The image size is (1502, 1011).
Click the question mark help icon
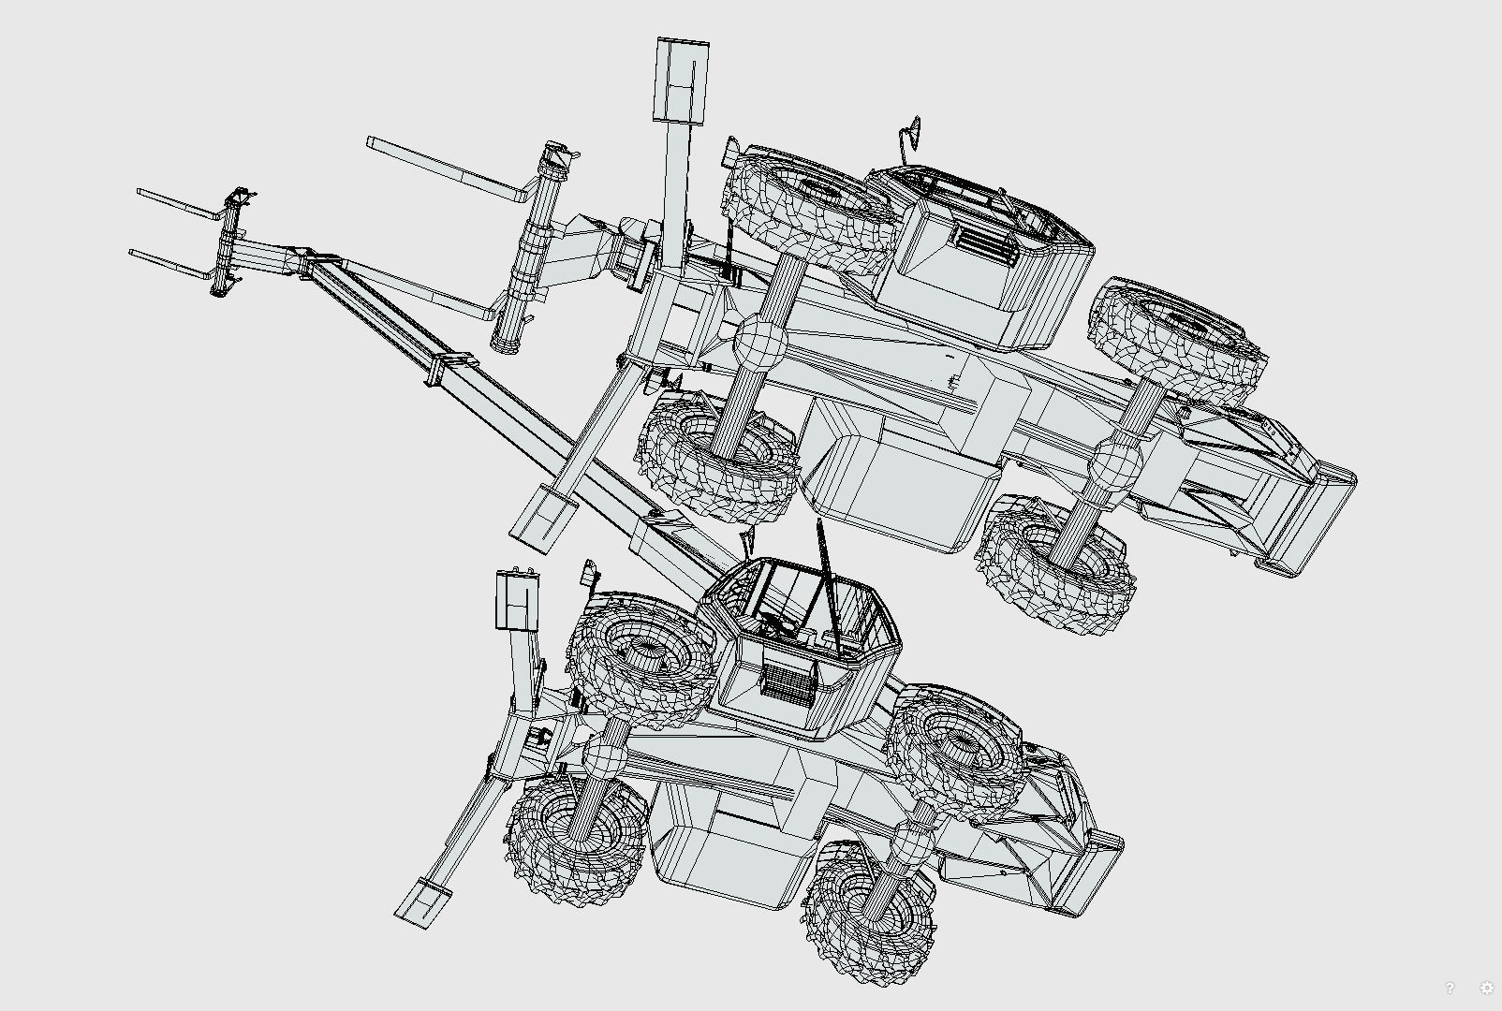(x=1450, y=988)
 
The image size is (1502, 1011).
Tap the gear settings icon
(x=1486, y=988)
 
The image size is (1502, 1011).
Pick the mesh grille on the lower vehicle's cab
(x=787, y=678)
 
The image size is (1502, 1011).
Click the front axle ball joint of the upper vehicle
(x=758, y=344)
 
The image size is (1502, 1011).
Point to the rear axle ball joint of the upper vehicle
(x=1114, y=464)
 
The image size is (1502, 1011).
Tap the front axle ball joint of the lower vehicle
(x=607, y=756)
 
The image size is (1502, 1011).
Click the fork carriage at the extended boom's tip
(x=229, y=242)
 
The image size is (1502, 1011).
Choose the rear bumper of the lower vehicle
(x=1086, y=874)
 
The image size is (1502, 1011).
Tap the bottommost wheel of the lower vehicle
(x=866, y=913)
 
